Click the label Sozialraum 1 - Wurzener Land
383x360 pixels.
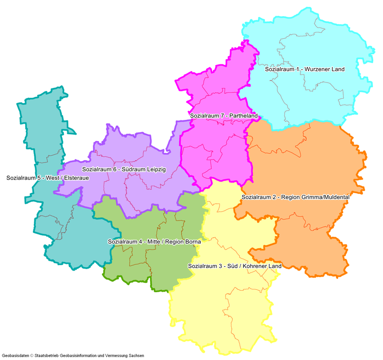pos(304,70)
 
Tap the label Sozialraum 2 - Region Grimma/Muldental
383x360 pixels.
pos(295,197)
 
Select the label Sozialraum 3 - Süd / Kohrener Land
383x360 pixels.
pos(235,266)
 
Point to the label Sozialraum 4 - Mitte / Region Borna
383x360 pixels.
pos(154,242)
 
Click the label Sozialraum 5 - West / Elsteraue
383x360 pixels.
pos(48,178)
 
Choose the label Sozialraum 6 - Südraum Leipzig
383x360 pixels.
pos(124,169)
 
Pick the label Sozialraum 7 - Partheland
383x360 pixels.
pos(223,116)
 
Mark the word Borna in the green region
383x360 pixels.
pos(193,242)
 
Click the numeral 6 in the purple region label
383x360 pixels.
pos(114,169)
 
